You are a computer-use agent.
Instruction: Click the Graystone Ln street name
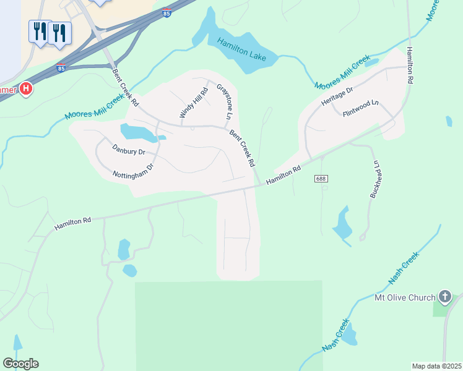pos(224,101)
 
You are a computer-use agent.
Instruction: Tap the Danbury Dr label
pos(129,149)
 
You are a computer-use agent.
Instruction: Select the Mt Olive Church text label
pos(405,298)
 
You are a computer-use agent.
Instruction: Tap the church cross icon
pos(444,297)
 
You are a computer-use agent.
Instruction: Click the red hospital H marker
pos(25,89)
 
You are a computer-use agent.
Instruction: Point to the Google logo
pos(20,364)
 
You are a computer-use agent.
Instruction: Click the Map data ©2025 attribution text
pos(436,366)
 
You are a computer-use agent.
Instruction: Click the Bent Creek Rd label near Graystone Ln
pos(242,148)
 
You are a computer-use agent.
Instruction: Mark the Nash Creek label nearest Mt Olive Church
pos(404,268)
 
